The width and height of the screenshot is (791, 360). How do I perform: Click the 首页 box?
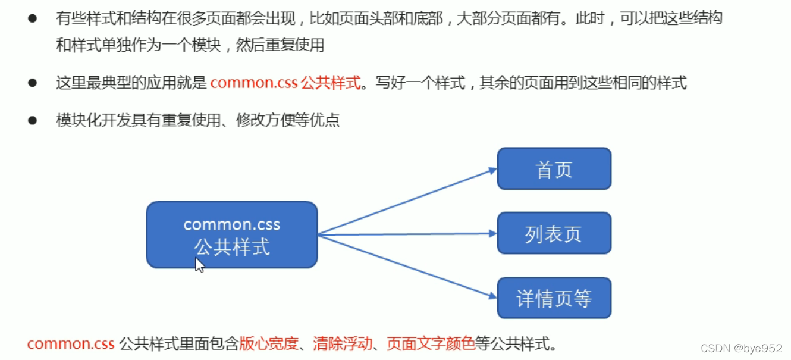pos(554,169)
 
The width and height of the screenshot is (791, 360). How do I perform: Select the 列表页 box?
pos(554,233)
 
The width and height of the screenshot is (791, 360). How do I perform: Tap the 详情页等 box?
pos(554,298)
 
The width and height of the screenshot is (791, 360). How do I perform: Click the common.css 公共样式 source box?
pos(231,234)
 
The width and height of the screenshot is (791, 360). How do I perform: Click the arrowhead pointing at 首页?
pos(492,170)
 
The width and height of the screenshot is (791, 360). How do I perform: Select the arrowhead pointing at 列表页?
pos(492,234)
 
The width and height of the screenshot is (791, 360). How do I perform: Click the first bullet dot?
pos(32,18)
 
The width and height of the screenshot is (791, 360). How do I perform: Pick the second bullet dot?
pos(32,83)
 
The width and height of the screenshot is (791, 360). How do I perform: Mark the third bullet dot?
pos(32,120)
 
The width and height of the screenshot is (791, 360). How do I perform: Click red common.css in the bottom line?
pos(70,343)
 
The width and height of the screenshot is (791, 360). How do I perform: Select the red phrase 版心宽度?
pos(268,343)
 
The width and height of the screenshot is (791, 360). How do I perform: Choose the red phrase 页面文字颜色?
pos(431,343)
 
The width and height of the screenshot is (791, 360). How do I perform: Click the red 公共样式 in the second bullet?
pos(331,83)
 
